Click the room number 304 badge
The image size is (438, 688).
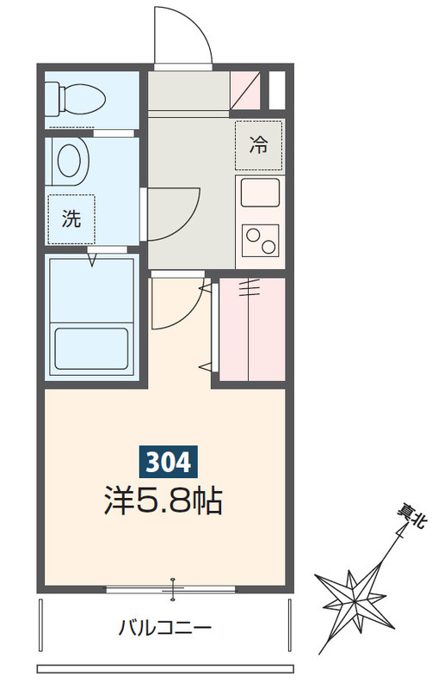pos(168,462)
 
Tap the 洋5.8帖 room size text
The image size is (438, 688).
pos(163,501)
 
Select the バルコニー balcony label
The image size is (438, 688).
pos(164,628)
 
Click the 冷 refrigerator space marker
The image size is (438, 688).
pos(258,145)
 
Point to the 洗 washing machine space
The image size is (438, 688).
pos(71,219)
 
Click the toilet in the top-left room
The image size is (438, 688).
pos(75,100)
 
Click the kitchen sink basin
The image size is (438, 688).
pos(260,192)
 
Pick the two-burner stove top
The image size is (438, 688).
pos(260,241)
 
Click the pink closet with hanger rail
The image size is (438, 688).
pos(252,329)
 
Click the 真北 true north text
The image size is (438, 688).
pos(410,518)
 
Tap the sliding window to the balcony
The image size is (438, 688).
pos(171,589)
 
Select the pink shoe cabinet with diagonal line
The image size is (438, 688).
pos(245,90)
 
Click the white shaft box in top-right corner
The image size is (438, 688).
pos(276,89)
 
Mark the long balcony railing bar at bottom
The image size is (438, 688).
pos(164,669)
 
